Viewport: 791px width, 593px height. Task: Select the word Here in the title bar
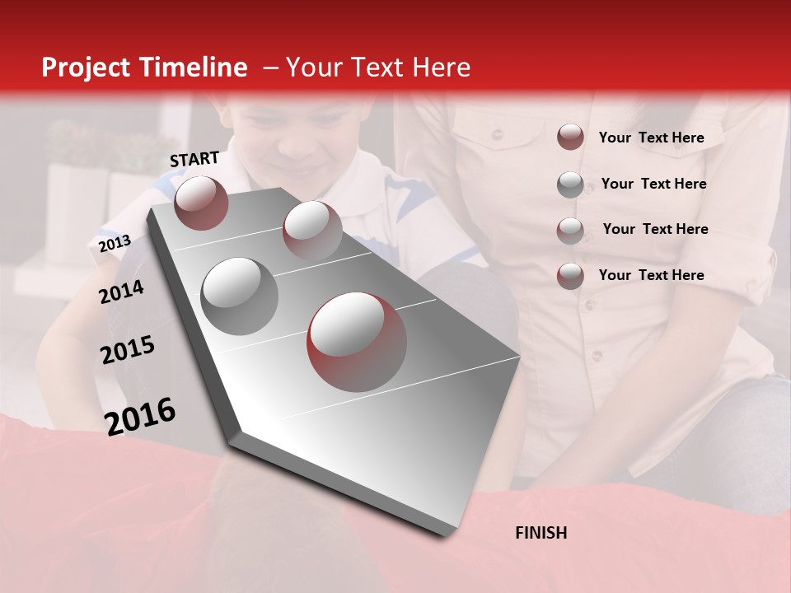[441, 68]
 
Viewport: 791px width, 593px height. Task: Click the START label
[194, 159]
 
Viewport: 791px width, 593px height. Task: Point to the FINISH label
[541, 533]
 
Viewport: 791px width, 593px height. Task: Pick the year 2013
[115, 244]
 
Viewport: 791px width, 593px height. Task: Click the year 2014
[122, 292]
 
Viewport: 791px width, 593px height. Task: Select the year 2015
[128, 351]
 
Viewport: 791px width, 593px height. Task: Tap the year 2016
[140, 417]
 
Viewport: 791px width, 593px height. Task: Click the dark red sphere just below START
[201, 203]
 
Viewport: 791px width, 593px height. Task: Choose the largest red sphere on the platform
[357, 342]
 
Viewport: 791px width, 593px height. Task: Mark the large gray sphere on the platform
[240, 296]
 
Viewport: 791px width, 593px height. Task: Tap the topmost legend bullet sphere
[570, 137]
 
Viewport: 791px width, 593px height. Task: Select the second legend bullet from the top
[570, 184]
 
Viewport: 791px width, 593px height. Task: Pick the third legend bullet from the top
[570, 230]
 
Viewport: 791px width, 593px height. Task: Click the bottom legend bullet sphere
[570, 276]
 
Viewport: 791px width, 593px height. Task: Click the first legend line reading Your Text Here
[651, 138]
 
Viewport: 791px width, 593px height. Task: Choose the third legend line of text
[655, 229]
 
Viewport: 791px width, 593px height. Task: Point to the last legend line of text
[651, 275]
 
